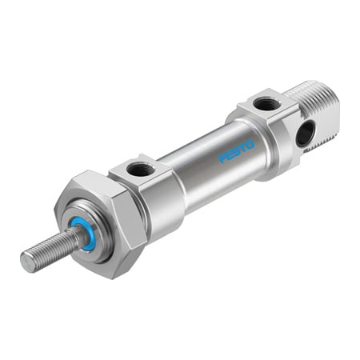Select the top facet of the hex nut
[x=88, y=185]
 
